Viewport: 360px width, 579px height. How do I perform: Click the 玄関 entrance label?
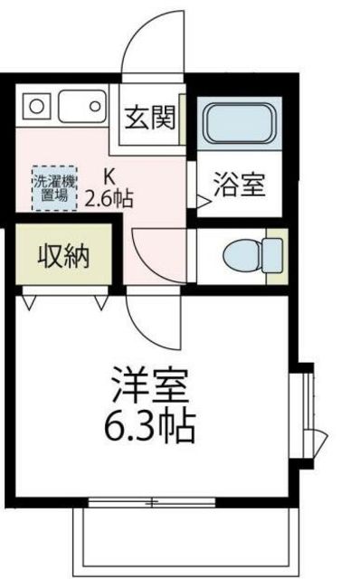pos(149,118)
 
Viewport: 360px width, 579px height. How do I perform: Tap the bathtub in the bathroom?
pos(240,123)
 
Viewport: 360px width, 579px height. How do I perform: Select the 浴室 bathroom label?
pos(240,185)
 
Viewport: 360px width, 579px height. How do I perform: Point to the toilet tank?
pos(271,255)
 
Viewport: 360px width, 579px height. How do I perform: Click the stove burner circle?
pos(36,107)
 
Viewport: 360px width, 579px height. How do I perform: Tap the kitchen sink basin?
pos(82,107)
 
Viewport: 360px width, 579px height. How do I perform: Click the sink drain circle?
pos(95,107)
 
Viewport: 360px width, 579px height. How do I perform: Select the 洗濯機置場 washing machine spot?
pos(54,188)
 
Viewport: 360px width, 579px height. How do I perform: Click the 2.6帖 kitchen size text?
pos(109,199)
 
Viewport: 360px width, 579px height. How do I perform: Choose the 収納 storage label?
pos(64,256)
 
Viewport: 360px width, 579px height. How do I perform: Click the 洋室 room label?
pos(150,385)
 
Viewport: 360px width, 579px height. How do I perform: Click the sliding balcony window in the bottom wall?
pos(152,502)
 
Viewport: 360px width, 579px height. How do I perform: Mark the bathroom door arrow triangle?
pos(204,202)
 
